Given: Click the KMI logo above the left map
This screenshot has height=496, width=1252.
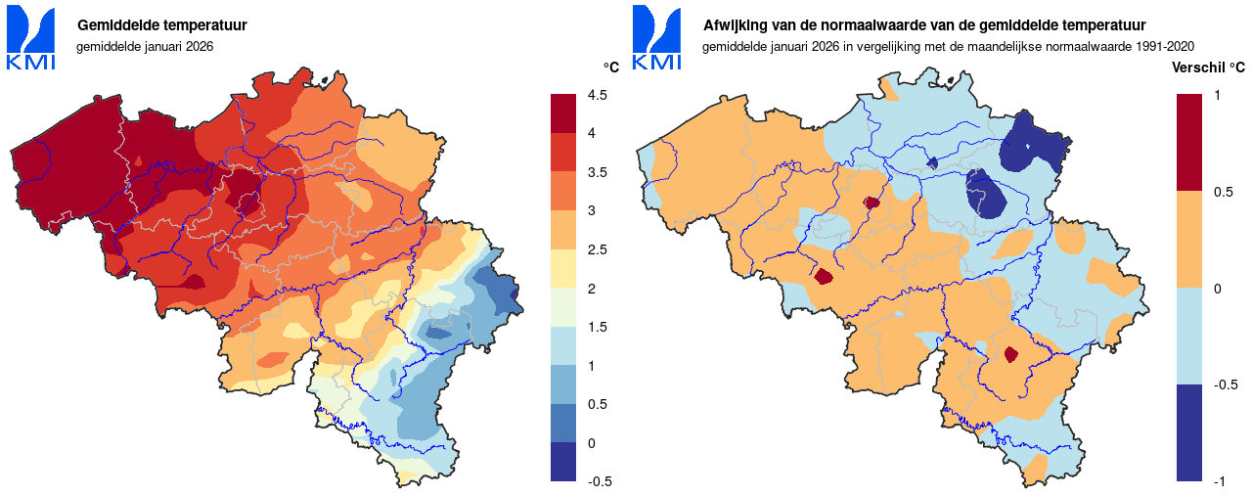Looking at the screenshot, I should tap(31, 37).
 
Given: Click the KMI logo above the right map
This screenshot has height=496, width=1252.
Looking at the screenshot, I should tap(657, 37).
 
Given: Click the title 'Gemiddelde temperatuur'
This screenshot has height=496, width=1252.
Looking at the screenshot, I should tap(161, 24).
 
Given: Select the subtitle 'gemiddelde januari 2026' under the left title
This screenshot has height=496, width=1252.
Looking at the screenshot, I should tap(145, 46).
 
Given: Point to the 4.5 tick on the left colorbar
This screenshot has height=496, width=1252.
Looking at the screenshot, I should tap(598, 95).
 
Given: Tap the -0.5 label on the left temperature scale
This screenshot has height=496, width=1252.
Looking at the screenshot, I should tap(600, 481).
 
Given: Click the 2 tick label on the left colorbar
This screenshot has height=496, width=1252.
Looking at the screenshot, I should tap(592, 288).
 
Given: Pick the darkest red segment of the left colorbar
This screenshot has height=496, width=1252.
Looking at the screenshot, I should tap(563, 113).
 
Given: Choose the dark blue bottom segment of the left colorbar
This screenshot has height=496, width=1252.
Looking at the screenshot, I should tap(563, 462).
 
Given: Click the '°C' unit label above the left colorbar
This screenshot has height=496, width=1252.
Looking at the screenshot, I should tap(610, 68).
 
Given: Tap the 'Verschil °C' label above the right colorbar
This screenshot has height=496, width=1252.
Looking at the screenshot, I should tap(1208, 68).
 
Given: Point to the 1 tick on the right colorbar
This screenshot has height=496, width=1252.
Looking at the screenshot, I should tap(1217, 95).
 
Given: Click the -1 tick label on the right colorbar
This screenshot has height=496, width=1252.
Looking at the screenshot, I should tap(1220, 481).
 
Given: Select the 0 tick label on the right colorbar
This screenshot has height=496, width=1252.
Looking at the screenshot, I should tap(1217, 288).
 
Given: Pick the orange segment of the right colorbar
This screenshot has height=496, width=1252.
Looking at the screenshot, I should tap(1189, 239).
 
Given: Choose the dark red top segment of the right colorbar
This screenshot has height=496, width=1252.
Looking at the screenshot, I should tap(1189, 142).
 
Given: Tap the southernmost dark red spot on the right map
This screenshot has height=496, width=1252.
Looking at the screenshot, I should tap(1011, 355).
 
